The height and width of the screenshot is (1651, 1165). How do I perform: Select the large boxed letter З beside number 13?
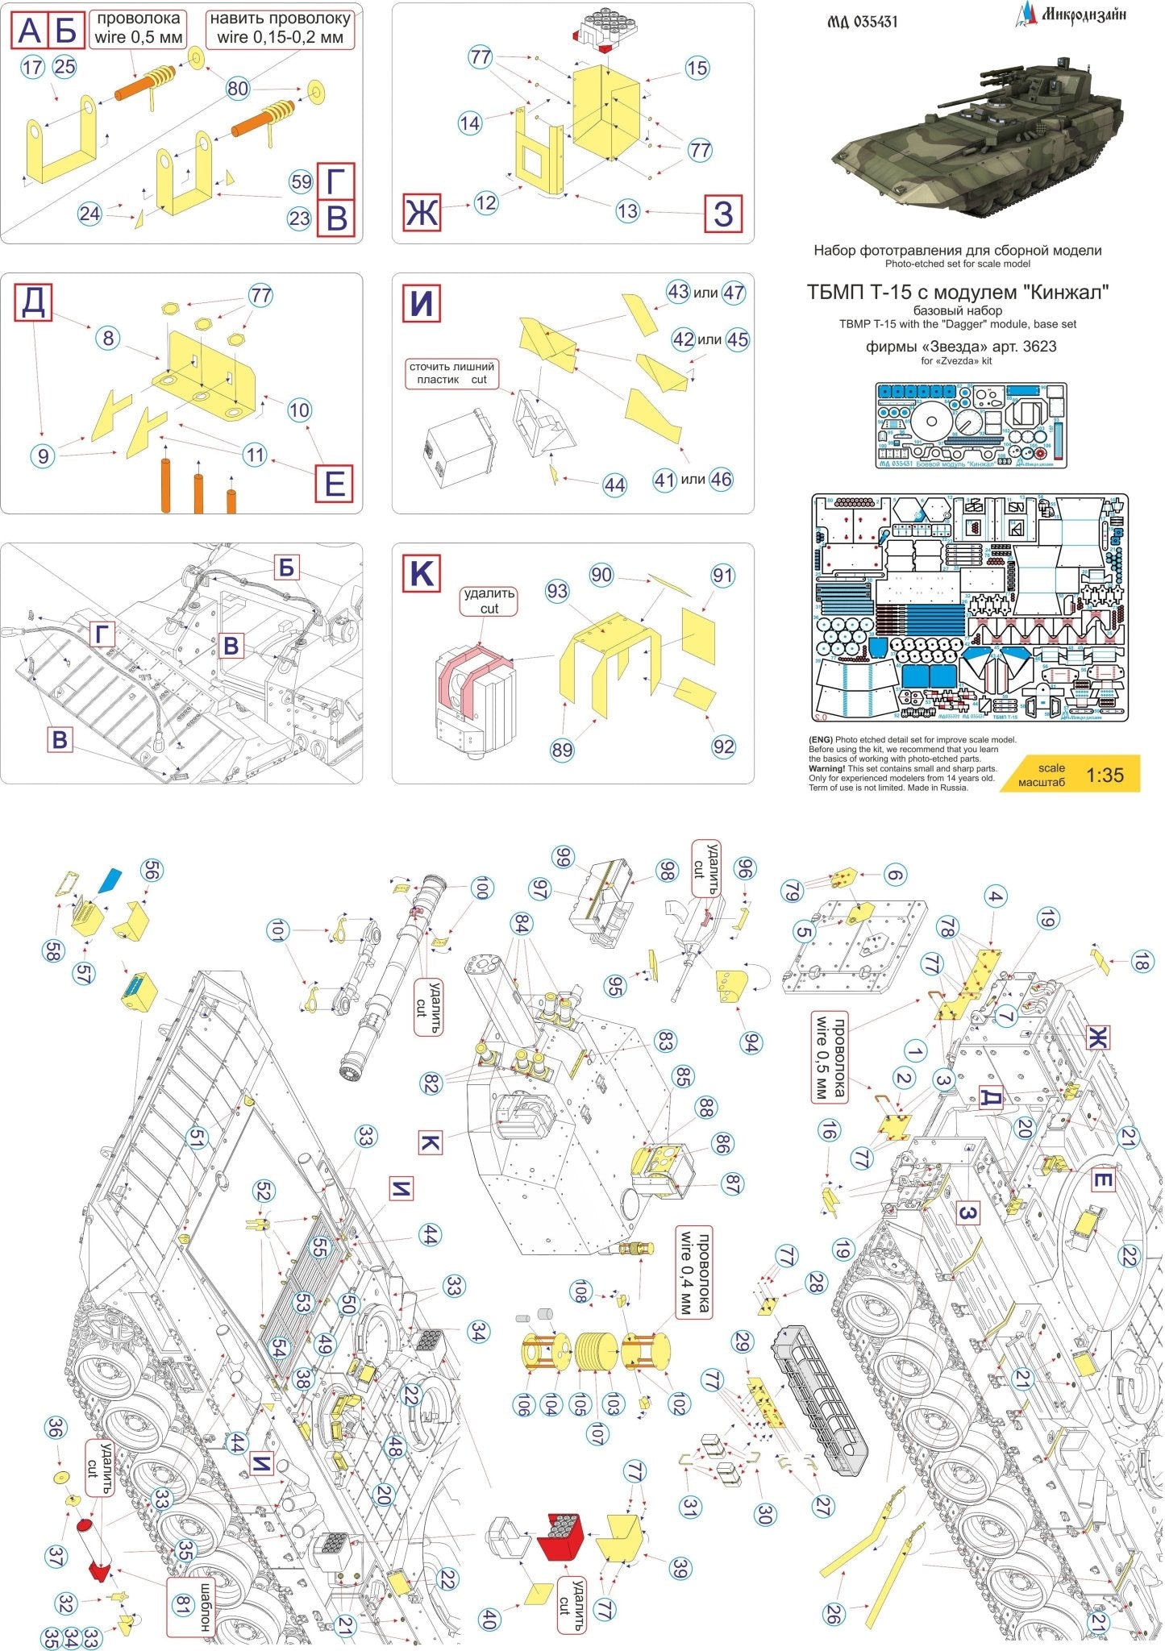tap(723, 214)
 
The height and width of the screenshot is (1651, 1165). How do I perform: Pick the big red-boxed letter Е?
tap(334, 484)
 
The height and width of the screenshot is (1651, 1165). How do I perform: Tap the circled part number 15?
tap(697, 69)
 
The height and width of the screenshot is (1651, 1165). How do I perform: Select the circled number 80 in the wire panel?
tap(238, 88)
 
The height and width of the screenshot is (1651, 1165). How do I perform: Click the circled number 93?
tap(557, 591)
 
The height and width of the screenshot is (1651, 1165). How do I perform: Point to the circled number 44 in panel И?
tap(614, 485)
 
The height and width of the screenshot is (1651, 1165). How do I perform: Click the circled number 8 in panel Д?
tap(110, 338)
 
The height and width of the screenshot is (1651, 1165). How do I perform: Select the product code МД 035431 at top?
tap(862, 21)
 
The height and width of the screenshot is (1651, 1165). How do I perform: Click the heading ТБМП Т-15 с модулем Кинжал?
tap(957, 293)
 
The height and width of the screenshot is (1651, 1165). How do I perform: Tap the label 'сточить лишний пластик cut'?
tap(451, 372)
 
